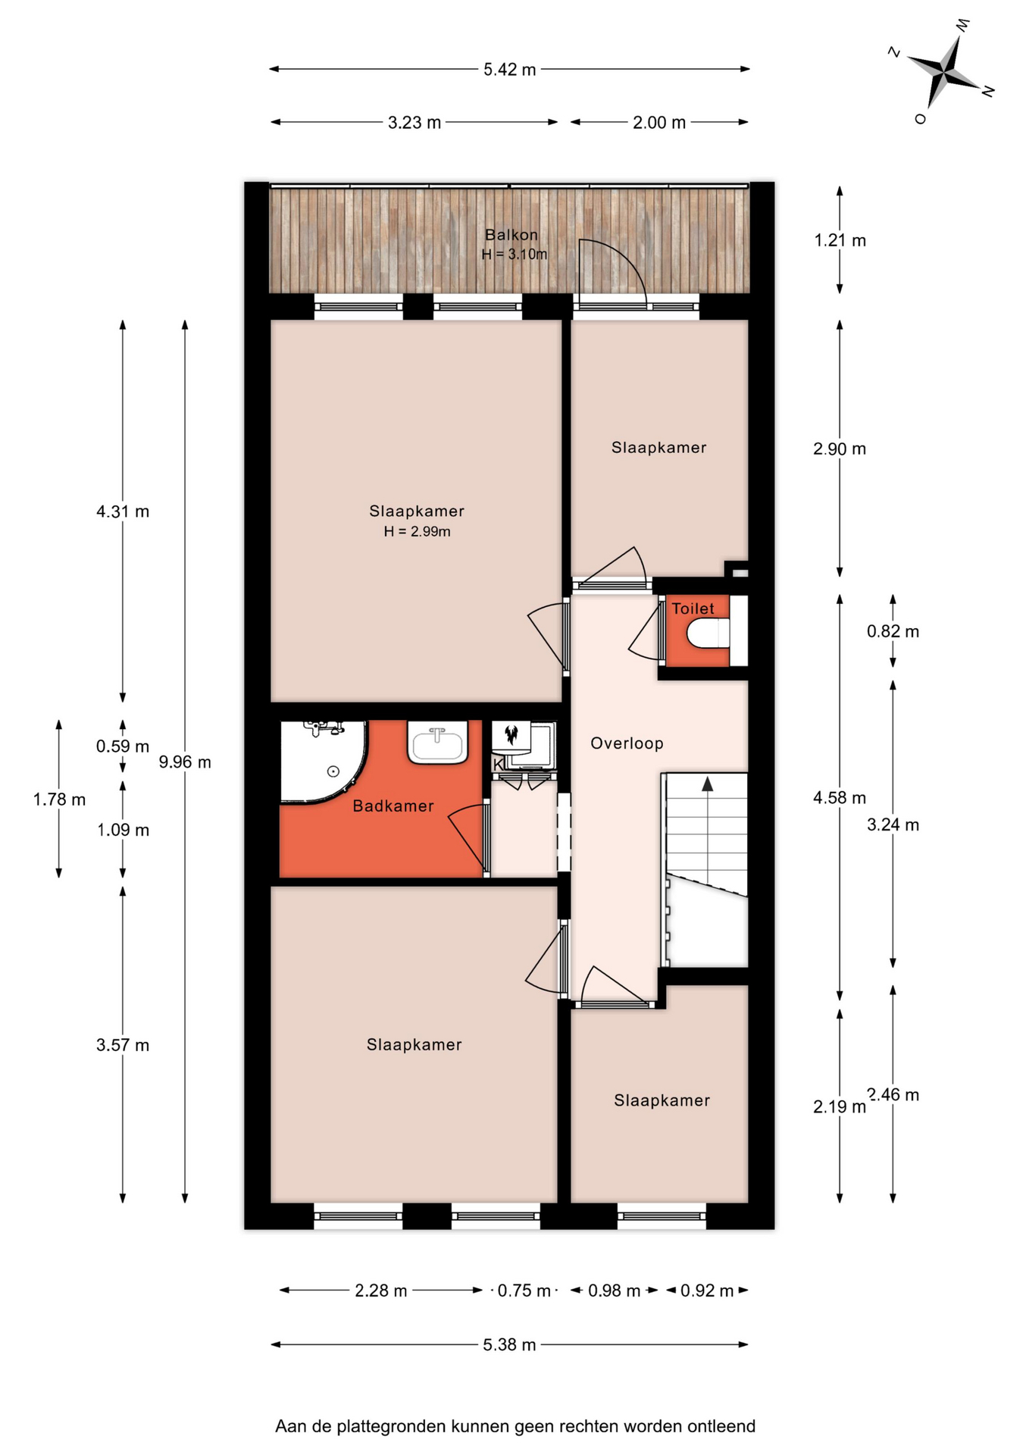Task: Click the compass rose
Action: click(943, 71)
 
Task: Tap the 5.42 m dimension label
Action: click(510, 70)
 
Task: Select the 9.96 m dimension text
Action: click(185, 762)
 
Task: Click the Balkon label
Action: click(511, 235)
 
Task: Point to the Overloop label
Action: click(627, 743)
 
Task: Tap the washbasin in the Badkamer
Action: click(437, 741)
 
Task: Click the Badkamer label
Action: click(393, 806)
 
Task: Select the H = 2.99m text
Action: click(417, 532)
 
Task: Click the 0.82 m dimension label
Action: click(893, 632)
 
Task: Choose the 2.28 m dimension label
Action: click(381, 1291)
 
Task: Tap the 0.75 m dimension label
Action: click(524, 1291)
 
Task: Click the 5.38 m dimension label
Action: click(509, 1345)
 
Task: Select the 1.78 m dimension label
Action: click(59, 799)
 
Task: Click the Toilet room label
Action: click(693, 609)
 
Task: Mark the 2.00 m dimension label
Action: click(659, 123)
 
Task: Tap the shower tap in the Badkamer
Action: click(322, 729)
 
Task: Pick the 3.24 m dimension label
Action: click(893, 825)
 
